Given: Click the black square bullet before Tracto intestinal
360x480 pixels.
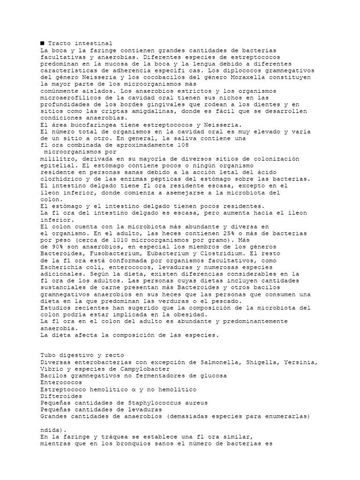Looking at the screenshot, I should (x=42, y=43).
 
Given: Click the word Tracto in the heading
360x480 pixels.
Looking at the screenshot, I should (x=59, y=43).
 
